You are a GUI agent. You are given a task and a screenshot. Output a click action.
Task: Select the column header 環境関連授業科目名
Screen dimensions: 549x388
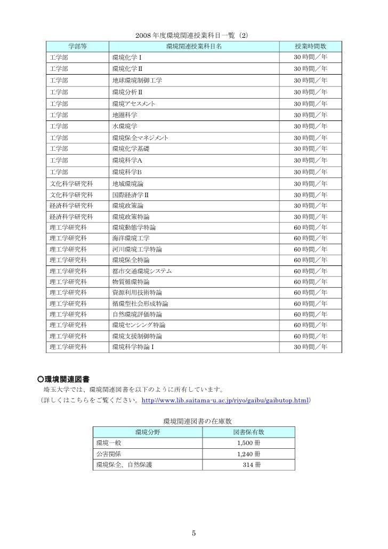(194, 46)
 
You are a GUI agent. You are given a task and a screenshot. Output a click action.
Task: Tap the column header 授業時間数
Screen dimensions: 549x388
(310, 46)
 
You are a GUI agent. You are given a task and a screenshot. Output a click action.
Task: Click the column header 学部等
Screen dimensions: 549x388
(78, 46)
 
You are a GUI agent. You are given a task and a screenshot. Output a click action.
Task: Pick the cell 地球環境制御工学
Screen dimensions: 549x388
(137, 80)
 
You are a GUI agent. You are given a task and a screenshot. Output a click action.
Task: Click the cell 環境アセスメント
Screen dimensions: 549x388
(134, 103)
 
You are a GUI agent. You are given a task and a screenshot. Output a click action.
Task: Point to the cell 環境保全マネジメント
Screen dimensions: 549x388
(141, 138)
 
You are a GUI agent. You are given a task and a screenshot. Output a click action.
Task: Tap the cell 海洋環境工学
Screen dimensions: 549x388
(131, 238)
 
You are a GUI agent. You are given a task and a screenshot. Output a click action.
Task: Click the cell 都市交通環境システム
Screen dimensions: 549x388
(141, 271)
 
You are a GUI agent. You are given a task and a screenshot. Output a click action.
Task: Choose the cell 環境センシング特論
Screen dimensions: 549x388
(139, 325)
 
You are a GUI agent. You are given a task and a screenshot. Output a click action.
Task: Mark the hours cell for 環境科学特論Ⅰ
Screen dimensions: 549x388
(310, 348)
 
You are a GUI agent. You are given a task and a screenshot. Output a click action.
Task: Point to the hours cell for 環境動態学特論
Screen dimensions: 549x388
(310, 227)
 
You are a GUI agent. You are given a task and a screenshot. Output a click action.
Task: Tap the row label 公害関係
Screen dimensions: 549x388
(108, 454)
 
